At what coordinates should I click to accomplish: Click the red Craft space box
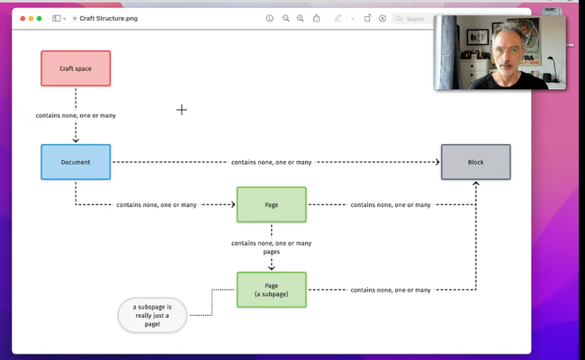(76, 68)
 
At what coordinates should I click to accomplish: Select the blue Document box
(76, 162)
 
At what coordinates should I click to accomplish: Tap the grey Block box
(475, 162)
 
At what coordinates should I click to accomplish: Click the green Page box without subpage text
(271, 204)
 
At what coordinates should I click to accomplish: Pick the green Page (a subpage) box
(271, 289)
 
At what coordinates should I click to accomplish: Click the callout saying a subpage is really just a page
(151, 315)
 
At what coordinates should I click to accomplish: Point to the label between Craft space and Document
(76, 115)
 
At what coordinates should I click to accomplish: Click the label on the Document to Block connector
(271, 162)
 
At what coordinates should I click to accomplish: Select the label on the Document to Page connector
(157, 204)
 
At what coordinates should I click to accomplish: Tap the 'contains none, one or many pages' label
(271, 247)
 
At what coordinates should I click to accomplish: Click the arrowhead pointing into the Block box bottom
(475, 184)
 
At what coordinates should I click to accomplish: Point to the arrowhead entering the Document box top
(76, 139)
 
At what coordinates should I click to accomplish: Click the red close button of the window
(19, 18)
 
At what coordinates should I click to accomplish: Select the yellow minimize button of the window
(29, 18)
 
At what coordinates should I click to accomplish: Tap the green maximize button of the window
(39, 18)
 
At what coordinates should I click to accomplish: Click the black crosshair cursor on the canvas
(182, 110)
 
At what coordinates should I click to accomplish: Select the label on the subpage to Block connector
(391, 290)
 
